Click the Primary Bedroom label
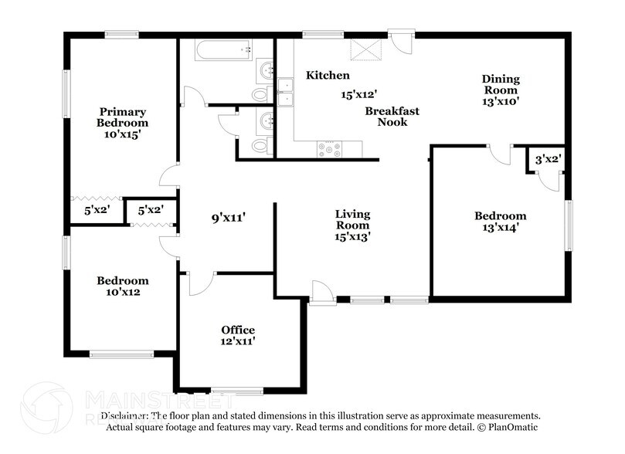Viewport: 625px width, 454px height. pos(122,117)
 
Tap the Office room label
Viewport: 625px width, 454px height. pos(238,330)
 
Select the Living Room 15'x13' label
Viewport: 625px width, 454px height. pos(352,225)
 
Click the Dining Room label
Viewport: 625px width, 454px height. pos(501,90)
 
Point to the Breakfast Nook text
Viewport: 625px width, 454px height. pos(392,117)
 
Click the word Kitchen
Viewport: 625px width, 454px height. pos(328,76)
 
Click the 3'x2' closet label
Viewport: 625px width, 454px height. pos(549,159)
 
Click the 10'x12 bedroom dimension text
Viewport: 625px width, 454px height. pos(122,292)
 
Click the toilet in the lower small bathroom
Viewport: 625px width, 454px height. pos(260,146)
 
